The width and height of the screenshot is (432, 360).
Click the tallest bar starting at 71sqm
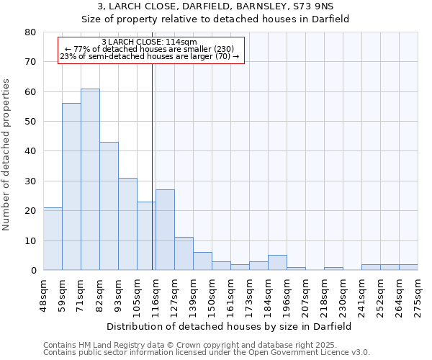pyautogui.click(x=90, y=180)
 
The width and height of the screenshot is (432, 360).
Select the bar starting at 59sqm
pyautogui.click(x=71, y=187)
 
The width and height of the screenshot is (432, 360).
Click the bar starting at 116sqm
pyautogui.click(x=165, y=230)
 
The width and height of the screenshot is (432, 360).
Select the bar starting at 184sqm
pyautogui.click(x=277, y=263)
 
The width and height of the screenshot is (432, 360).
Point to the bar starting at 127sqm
pyautogui.click(x=184, y=254)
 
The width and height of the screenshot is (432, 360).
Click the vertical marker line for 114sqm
pyautogui.click(x=153, y=166)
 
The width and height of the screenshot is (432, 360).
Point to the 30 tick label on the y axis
pyautogui.click(x=30, y=181)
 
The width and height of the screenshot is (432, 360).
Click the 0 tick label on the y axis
pyautogui.click(x=33, y=271)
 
